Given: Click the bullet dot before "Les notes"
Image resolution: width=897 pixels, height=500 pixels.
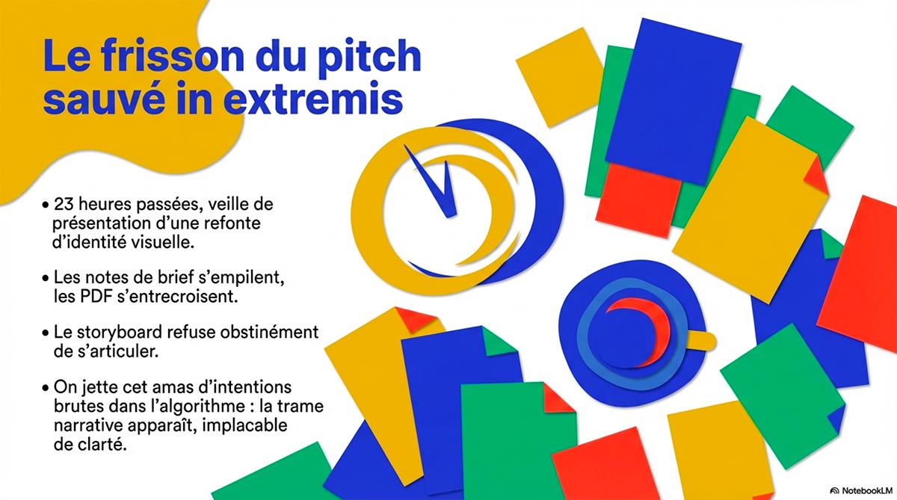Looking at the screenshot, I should [46, 278].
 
